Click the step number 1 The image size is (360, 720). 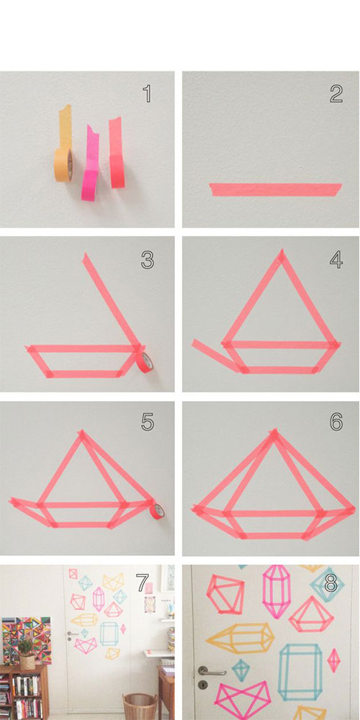[x=147, y=94]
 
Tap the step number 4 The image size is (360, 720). [x=336, y=259]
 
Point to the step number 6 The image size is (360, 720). [x=336, y=421]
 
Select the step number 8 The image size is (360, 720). [x=330, y=583]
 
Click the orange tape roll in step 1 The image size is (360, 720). [x=63, y=164]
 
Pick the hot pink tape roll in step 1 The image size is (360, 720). [x=91, y=185]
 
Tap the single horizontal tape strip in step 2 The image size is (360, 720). [x=276, y=189]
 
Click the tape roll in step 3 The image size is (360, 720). [x=146, y=362]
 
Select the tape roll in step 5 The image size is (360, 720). [x=158, y=511]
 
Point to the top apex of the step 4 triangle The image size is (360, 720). [x=281, y=251]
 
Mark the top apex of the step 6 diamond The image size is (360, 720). [x=274, y=431]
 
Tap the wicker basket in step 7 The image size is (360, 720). [x=140, y=706]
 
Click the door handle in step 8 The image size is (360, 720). [x=210, y=672]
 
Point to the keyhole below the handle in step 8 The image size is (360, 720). [x=202, y=686]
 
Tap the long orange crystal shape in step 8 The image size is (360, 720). [x=240, y=638]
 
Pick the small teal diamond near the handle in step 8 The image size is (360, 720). [x=240, y=670]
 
